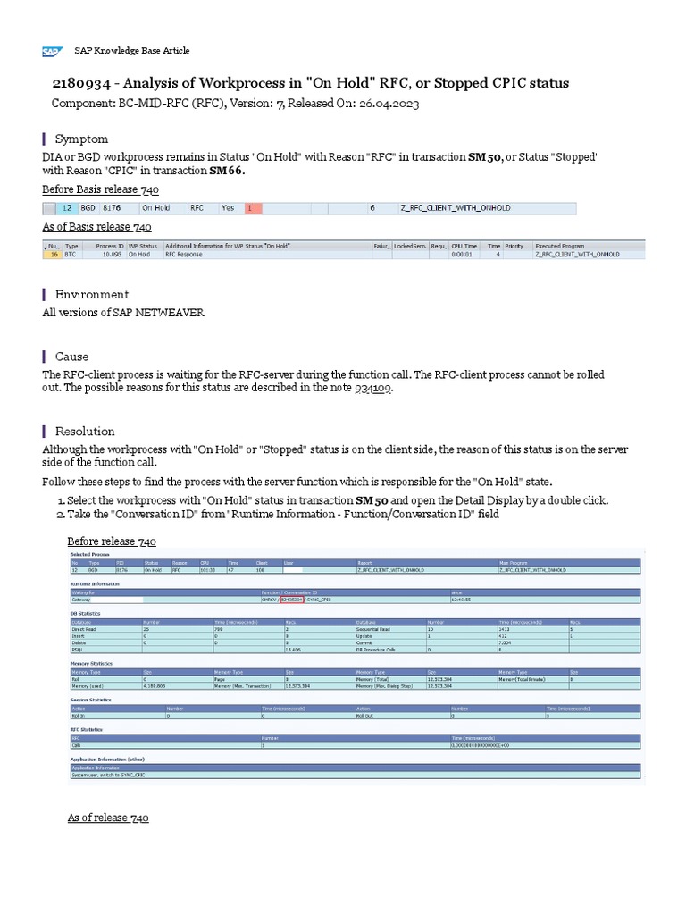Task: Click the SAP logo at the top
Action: tap(51, 52)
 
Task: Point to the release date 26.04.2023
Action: tap(383, 104)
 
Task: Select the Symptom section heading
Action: tap(81, 139)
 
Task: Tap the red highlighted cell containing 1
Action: tap(253, 208)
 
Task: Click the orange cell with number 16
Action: tap(53, 254)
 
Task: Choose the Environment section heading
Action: tap(91, 294)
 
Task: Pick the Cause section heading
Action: tap(71, 357)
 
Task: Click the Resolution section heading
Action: tap(85, 431)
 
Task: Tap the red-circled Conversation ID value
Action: tap(291, 600)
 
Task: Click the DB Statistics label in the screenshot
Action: tap(86, 613)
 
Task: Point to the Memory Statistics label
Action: tap(91, 664)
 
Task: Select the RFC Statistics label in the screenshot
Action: tap(87, 730)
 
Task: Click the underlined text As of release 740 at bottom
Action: tap(108, 818)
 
